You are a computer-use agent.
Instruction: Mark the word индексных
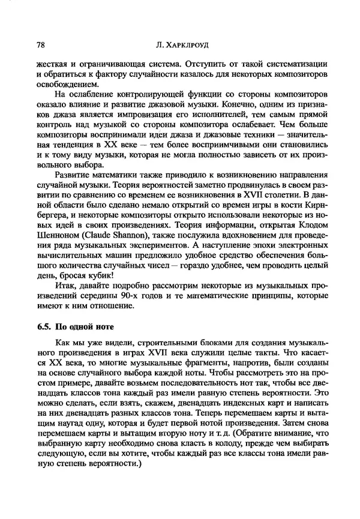[229, 406]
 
